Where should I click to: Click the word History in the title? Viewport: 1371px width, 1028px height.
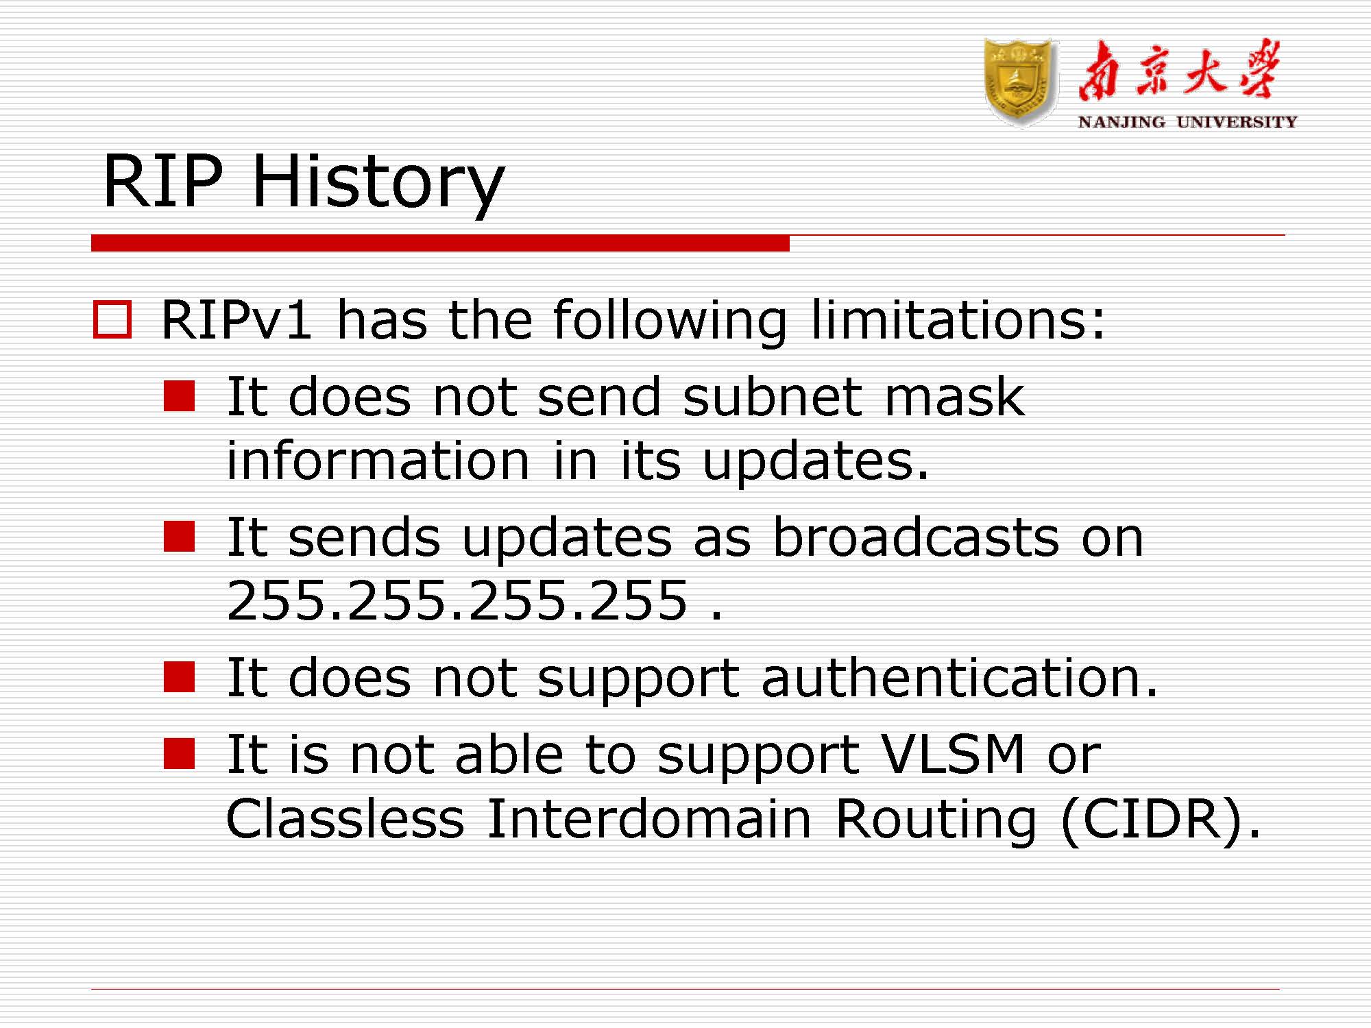tap(378, 182)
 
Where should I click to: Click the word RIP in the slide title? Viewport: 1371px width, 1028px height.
tap(163, 182)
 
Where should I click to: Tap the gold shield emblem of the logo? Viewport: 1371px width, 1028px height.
tap(1019, 82)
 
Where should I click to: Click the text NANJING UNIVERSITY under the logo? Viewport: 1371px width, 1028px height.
tap(1187, 122)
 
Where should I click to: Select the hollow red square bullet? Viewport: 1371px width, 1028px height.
tap(112, 319)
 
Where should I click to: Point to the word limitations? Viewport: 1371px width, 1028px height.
tap(958, 320)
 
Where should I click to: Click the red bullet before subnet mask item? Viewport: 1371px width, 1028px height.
tap(180, 396)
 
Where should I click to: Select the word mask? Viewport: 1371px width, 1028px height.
tap(954, 397)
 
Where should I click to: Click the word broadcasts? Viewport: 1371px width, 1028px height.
tap(916, 537)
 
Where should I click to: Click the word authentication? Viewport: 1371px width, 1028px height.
tap(959, 678)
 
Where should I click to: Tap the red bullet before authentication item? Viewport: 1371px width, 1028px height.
tap(180, 677)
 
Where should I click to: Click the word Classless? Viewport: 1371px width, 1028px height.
tap(345, 818)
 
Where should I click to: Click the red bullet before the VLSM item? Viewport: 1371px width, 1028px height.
tap(180, 754)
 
